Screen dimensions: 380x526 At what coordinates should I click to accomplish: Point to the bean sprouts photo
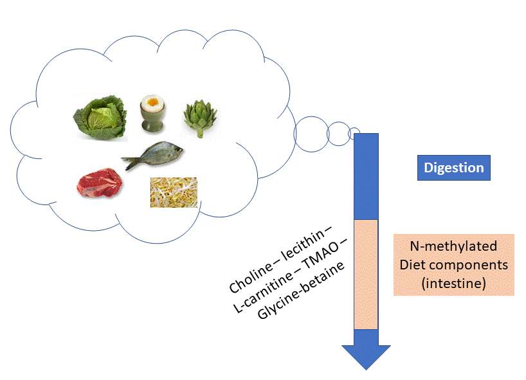tap(174, 192)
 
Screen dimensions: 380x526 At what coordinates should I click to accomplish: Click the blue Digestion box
tap(453, 168)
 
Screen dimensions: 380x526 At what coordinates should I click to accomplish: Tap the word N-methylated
tap(453, 246)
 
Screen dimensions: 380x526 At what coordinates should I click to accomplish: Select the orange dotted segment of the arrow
tap(366, 274)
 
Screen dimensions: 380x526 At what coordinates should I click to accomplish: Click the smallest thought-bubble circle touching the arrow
tap(354, 133)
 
